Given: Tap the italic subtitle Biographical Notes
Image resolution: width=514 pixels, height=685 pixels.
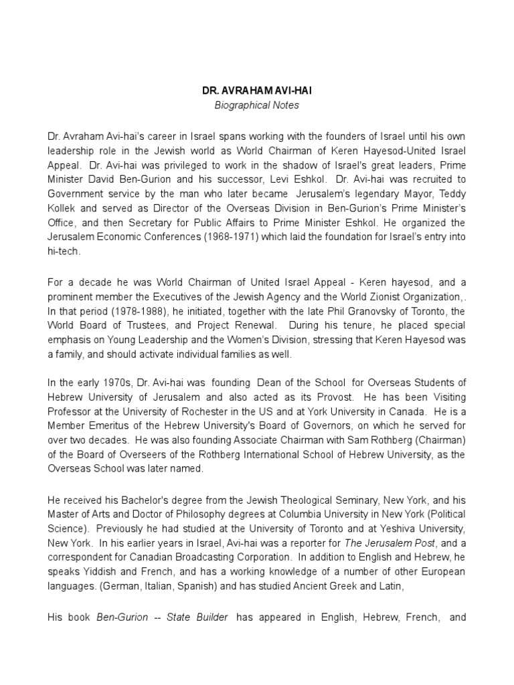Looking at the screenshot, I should point(258,106).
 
